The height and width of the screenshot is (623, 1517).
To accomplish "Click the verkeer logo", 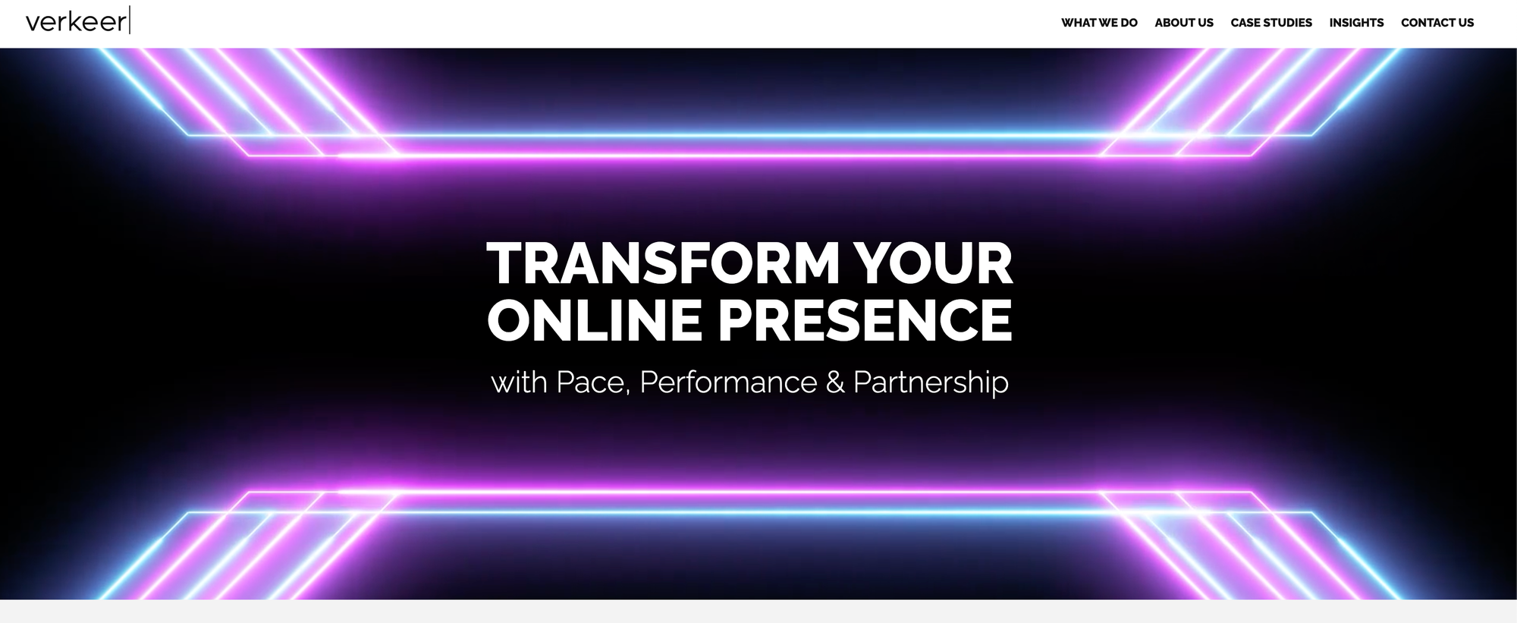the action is click(x=78, y=20).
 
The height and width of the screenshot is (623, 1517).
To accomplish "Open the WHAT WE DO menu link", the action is click(x=1099, y=23).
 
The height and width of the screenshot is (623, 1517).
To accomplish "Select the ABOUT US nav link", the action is click(x=1184, y=23).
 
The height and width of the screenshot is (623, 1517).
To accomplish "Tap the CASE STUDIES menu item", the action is click(x=1271, y=23).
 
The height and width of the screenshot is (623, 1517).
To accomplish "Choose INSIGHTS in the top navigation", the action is click(x=1356, y=23).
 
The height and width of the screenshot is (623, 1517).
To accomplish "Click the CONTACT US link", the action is click(x=1437, y=23).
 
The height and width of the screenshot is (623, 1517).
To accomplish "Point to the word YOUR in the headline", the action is click(x=934, y=263).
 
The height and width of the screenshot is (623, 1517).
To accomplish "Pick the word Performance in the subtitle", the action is click(x=728, y=382).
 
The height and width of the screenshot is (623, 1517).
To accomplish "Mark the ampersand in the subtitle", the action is click(x=835, y=382).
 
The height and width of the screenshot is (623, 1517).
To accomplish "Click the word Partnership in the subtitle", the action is click(x=931, y=382).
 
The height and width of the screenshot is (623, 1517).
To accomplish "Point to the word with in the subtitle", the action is click(x=520, y=382).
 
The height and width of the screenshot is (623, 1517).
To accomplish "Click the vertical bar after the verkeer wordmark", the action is click(x=130, y=20).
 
